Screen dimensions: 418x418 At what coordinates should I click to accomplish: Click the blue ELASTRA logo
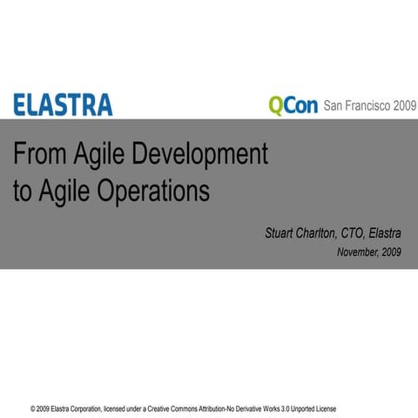pos(62,105)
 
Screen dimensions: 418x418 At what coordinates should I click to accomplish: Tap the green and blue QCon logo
pos(293,106)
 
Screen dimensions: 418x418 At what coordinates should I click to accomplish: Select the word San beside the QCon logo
pos(334,106)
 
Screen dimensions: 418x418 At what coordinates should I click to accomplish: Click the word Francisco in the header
pos(369,106)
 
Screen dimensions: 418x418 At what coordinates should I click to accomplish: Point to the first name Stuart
pos(281,233)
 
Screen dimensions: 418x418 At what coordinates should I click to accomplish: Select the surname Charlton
pos(323,233)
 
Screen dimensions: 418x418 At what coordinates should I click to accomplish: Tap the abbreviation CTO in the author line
pos(358,233)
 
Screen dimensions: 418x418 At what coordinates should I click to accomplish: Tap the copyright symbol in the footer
pos(32,408)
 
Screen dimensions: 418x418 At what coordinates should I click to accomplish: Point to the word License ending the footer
pos(322,408)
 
